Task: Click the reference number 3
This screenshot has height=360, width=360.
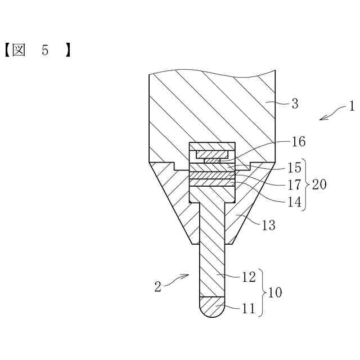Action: pos(294,103)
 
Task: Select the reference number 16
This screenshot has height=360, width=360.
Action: pos(299,142)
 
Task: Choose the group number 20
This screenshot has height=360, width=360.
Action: pos(319,184)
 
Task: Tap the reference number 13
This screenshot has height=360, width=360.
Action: pos(269,225)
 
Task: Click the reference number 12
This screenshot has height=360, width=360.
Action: pos(249,276)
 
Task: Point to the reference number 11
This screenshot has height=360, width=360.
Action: pos(249,308)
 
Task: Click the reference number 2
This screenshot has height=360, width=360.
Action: pos(157,286)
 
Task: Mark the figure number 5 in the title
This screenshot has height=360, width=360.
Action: pos(45,51)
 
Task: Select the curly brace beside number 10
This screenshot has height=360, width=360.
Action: pos(263,292)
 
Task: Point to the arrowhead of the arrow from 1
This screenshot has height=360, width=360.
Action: pos(321,118)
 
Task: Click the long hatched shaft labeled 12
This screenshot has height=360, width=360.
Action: pos(212,253)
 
